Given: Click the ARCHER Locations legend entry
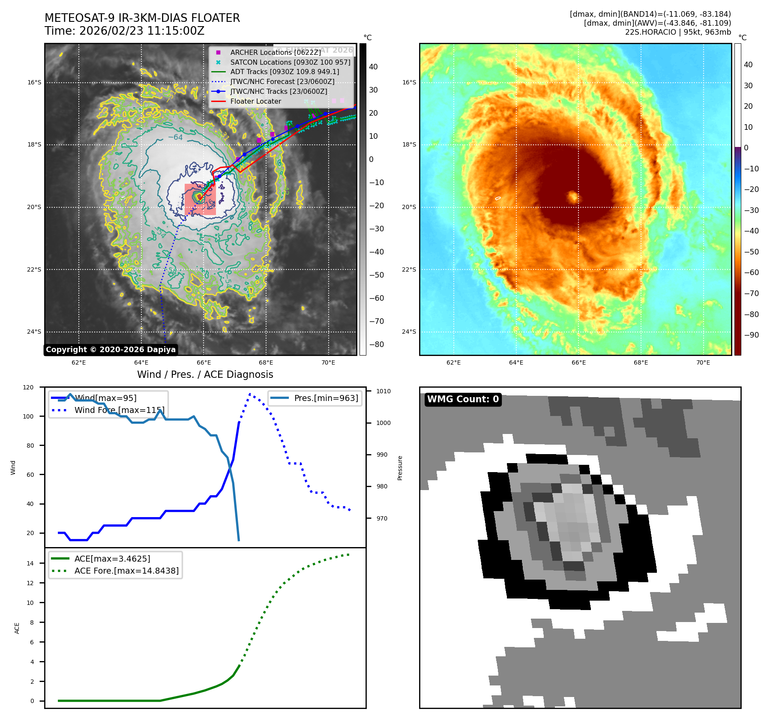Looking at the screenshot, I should pyautogui.click(x=275, y=52).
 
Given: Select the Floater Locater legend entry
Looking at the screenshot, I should pyautogui.click(x=255, y=102).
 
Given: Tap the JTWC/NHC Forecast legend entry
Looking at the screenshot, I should pyautogui.click(x=282, y=82).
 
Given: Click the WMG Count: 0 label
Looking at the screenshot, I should pyautogui.click(x=463, y=399).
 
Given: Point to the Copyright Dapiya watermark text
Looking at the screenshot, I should pyautogui.click(x=111, y=350).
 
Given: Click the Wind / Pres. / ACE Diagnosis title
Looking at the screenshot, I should pyautogui.click(x=205, y=374).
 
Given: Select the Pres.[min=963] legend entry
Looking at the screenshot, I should pyautogui.click(x=326, y=398).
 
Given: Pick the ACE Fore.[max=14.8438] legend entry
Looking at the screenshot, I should pyautogui.click(x=126, y=571).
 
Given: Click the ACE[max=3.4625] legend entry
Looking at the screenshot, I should pyautogui.click(x=112, y=559).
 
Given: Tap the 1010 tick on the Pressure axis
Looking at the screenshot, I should pyautogui.click(x=384, y=391).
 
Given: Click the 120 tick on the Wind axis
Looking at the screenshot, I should pyautogui.click(x=28, y=387).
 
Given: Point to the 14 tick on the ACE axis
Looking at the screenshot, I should pyautogui.click(x=30, y=563).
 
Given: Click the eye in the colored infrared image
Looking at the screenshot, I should pyautogui.click(x=573, y=197).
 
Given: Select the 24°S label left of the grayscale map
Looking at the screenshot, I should pyautogui.click(x=34, y=332).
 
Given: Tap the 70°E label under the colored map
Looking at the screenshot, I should pyautogui.click(x=703, y=363).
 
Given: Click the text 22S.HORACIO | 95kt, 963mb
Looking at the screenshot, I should pyautogui.click(x=678, y=32).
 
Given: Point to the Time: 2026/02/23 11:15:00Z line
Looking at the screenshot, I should pyautogui.click(x=124, y=31).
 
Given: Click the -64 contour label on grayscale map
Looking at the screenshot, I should pyautogui.click(x=175, y=138).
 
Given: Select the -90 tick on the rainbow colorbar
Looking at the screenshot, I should pyautogui.click(x=751, y=335).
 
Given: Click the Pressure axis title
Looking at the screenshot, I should pyautogui.click(x=400, y=468).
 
